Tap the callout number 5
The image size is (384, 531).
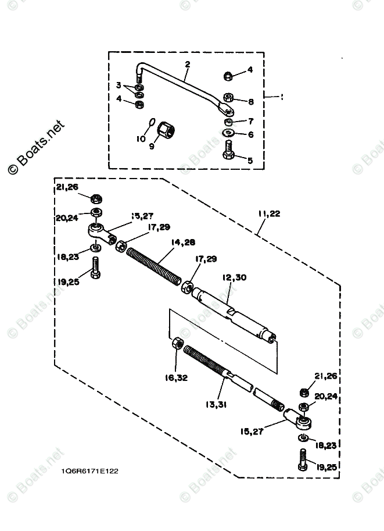(x=250, y=160)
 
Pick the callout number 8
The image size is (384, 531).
(x=251, y=101)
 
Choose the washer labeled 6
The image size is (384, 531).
(x=228, y=134)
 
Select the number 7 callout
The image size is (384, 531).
(x=251, y=122)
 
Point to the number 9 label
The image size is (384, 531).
(x=152, y=147)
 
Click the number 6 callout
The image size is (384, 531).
(x=251, y=134)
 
